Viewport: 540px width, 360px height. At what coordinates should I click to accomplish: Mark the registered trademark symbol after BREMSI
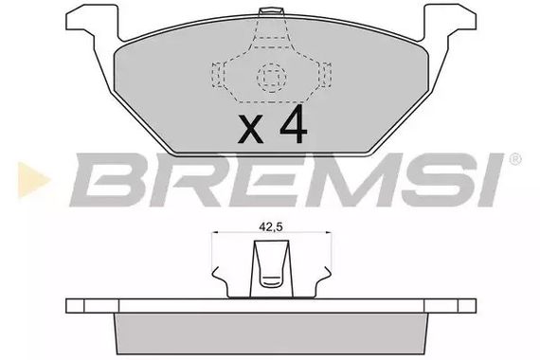(x=513, y=158)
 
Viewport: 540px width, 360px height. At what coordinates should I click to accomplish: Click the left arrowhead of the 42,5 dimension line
(x=220, y=235)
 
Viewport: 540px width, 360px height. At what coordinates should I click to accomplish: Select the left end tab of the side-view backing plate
(x=80, y=306)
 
